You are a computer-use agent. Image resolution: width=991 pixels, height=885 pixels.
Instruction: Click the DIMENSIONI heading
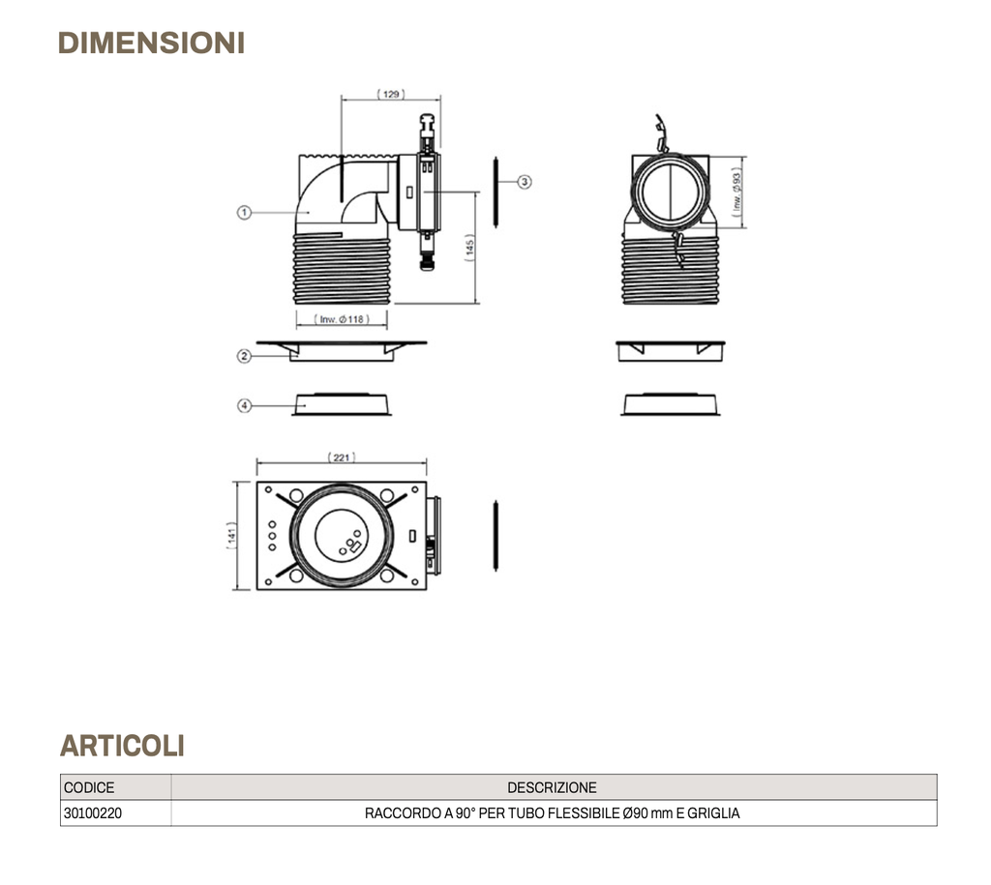151,44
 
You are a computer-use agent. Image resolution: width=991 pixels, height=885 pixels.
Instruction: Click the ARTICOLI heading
122,746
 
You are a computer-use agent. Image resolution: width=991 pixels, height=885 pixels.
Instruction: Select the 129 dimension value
391,95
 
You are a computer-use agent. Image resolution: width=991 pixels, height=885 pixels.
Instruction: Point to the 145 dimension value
469,247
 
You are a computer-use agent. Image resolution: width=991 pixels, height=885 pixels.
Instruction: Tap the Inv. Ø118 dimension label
342,319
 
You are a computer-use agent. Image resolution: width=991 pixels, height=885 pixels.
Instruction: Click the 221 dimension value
342,457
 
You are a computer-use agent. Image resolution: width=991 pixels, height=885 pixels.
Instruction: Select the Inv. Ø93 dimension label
737,192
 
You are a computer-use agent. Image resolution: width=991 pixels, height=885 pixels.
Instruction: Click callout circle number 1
245,213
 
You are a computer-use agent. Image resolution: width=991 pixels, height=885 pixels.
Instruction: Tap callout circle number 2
245,356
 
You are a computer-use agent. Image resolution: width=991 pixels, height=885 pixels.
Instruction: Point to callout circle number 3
525,181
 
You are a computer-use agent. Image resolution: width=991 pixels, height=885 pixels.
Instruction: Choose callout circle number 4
245,406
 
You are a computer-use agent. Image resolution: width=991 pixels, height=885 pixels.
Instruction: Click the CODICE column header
89,787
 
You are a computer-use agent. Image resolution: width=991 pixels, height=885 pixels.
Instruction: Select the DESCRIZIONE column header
552,787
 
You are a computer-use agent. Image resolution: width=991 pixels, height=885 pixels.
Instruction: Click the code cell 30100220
93,813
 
